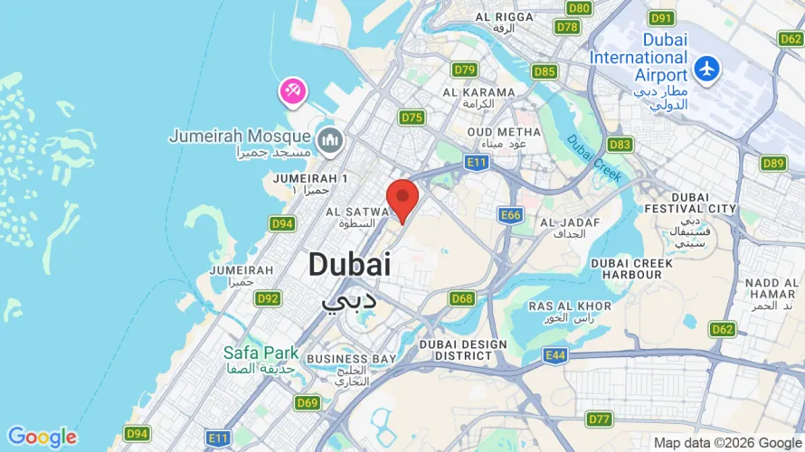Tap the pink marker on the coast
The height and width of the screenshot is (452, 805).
293,90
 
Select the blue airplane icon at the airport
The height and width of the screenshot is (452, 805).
706,68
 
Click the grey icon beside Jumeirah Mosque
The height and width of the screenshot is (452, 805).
328,139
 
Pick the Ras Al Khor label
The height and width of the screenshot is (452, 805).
560,310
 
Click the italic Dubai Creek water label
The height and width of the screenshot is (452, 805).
594,158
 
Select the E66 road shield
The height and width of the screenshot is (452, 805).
511,214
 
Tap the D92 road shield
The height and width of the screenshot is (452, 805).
268,297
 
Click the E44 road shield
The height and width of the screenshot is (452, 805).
555,355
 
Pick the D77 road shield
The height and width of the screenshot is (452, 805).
598,419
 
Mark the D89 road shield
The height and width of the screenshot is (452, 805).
772,163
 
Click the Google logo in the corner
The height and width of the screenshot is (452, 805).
42,438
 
